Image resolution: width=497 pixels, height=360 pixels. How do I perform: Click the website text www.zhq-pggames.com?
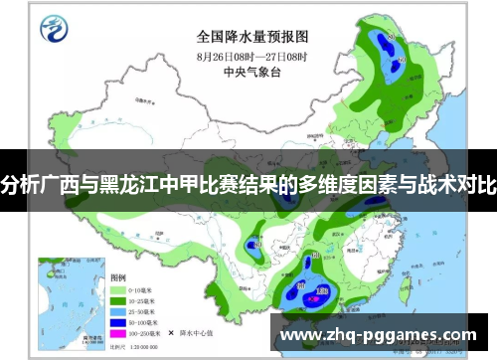[379, 335]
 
